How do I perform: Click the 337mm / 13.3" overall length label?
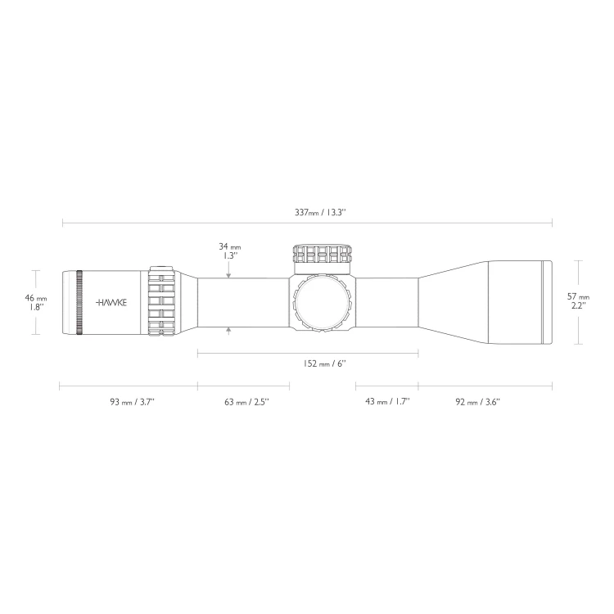(x=320, y=213)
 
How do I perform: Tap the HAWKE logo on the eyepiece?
(x=111, y=302)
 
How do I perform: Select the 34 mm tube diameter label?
(x=229, y=246)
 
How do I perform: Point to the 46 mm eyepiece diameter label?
(x=36, y=298)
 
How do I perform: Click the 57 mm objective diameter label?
(x=578, y=297)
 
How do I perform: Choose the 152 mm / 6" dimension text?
(x=325, y=363)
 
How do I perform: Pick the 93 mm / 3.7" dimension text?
(x=133, y=402)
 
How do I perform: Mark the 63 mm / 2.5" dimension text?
(x=246, y=402)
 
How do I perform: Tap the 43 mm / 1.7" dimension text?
(x=387, y=401)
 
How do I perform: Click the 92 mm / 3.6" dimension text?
(x=478, y=402)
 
